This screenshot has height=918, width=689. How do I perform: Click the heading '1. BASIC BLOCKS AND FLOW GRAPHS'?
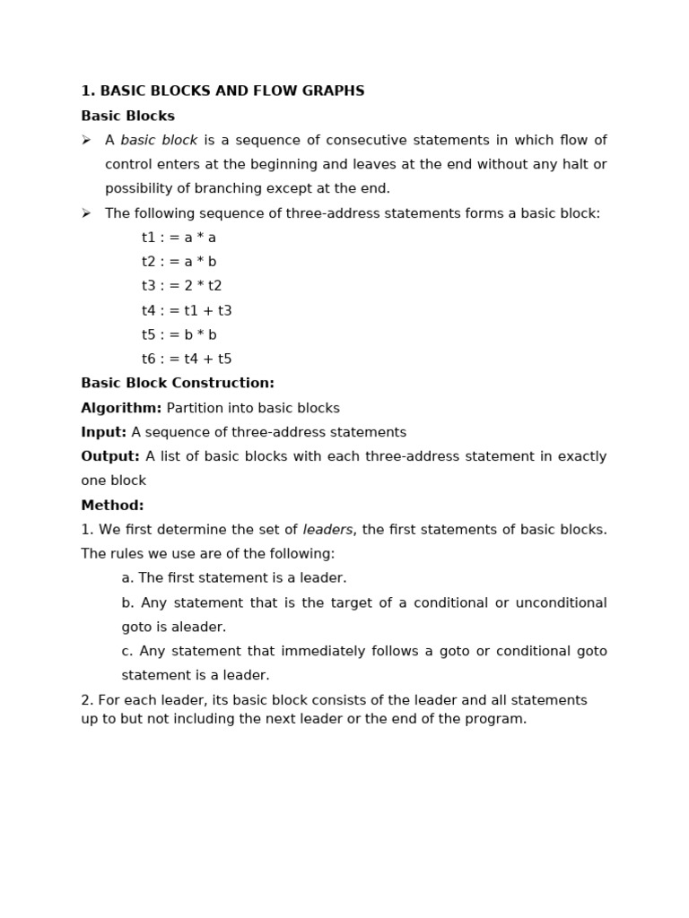[x=222, y=91]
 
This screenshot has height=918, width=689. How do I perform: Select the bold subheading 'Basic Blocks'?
[x=127, y=117]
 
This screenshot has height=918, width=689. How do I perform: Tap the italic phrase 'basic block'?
[x=159, y=141]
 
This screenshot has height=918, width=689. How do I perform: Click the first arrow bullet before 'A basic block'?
[x=86, y=141]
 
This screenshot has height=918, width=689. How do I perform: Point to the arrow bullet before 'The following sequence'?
[x=86, y=213]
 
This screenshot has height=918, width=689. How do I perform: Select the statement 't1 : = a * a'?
[x=179, y=238]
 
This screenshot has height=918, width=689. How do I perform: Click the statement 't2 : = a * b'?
[x=179, y=262]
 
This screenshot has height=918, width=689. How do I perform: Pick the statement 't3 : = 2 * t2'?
[x=181, y=286]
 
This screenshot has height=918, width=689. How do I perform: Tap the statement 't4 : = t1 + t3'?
[x=187, y=311]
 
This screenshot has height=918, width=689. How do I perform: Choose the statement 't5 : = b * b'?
[x=179, y=335]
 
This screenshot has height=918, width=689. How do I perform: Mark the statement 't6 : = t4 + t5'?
[x=187, y=359]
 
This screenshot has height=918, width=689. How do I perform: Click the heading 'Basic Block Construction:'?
[x=178, y=384]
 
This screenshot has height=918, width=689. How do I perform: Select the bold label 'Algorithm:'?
[x=121, y=409]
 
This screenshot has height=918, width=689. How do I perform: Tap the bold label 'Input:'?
[x=103, y=433]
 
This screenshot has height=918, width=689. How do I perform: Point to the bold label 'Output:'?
[x=109, y=457]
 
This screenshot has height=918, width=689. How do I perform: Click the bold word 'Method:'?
[x=112, y=506]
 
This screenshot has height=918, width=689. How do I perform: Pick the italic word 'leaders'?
[x=327, y=530]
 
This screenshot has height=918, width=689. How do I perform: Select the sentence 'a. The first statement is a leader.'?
[x=234, y=578]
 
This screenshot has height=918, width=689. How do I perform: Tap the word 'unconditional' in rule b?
[x=562, y=603]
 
